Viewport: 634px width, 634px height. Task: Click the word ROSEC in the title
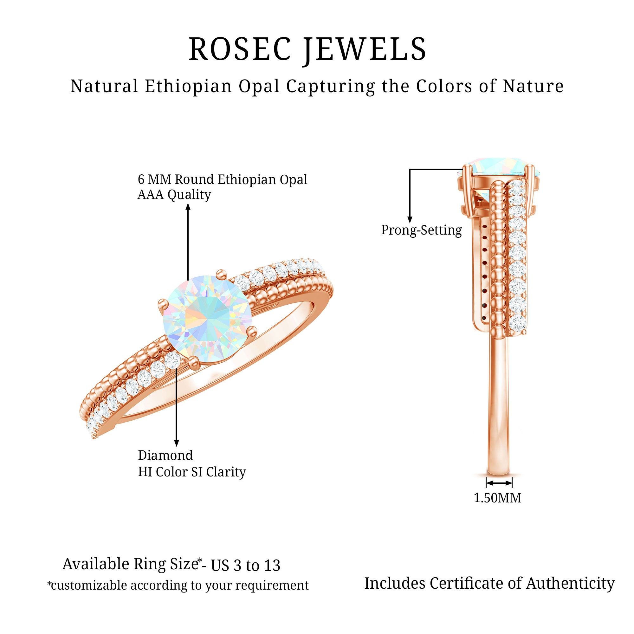click(239, 49)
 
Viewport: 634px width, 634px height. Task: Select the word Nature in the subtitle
click(533, 87)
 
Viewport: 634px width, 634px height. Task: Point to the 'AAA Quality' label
click(174, 195)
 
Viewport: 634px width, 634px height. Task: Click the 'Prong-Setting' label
click(421, 230)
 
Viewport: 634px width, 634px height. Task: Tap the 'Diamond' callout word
click(165, 456)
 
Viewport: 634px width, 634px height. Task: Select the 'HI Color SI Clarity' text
click(192, 472)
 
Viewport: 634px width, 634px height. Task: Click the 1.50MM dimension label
click(497, 498)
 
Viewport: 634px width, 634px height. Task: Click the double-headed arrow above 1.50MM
click(499, 483)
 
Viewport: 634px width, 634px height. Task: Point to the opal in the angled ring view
click(207, 319)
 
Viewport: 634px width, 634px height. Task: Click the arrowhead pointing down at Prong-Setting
click(410, 220)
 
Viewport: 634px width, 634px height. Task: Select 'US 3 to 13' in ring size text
click(245, 565)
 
